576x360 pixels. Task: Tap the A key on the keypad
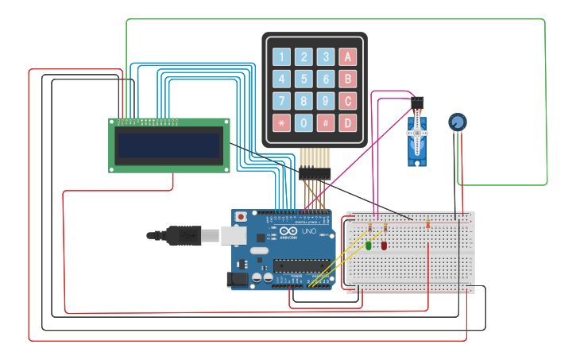click(347, 57)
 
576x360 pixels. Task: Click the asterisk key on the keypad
click(281, 123)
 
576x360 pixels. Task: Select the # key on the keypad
click(325, 123)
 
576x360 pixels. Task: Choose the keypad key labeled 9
click(325, 101)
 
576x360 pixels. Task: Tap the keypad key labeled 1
click(281, 57)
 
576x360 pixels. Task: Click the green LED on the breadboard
click(369, 246)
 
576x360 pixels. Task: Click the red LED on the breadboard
click(384, 246)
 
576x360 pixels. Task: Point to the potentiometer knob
click(457, 122)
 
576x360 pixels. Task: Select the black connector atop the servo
click(417, 102)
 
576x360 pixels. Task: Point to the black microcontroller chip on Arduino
click(301, 265)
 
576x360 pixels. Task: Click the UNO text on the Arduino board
click(308, 231)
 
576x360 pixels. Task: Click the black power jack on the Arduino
click(237, 279)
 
